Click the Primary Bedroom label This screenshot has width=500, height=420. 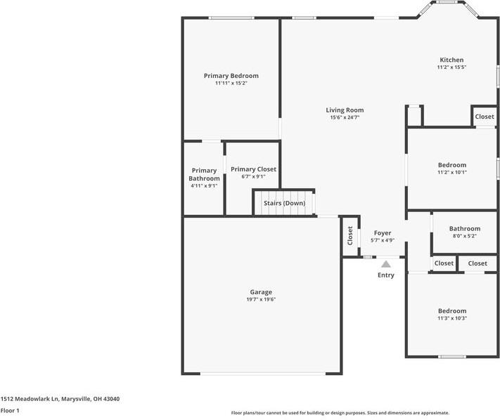click(231, 76)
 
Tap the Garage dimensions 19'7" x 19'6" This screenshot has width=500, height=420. click(260, 300)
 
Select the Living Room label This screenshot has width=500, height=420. click(345, 110)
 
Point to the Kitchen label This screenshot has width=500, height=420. click(451, 60)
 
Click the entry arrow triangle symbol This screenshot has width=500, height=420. click(385, 264)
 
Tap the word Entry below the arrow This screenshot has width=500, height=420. click(385, 275)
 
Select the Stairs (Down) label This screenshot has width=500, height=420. click(284, 203)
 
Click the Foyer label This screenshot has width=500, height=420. click(382, 232)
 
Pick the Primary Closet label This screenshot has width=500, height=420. click(253, 169)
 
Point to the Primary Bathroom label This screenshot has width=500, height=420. click(204, 174)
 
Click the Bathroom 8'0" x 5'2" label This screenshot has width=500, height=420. click(465, 228)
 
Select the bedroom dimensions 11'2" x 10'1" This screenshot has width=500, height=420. click(451, 172)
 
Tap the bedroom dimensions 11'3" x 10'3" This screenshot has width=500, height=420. click(451, 318)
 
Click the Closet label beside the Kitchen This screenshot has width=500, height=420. click(484, 117)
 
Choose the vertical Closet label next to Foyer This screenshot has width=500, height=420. click(350, 235)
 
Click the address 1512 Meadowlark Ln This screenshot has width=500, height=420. click(60, 399)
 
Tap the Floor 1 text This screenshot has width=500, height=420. click(10, 410)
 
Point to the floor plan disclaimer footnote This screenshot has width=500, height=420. click(340, 413)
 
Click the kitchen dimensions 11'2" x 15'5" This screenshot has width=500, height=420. click(451, 67)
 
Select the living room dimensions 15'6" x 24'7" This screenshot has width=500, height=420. click(345, 117)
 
